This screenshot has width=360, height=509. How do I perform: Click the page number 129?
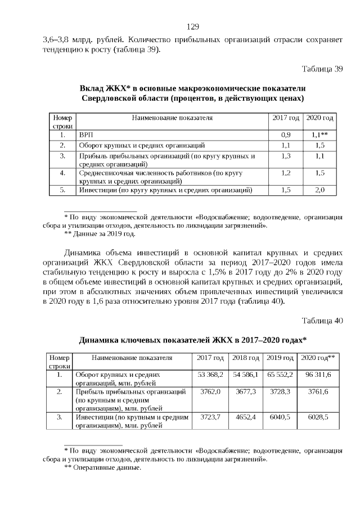point(193,26)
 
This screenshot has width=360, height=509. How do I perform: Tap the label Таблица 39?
point(322,69)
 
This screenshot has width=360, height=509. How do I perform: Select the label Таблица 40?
point(322,321)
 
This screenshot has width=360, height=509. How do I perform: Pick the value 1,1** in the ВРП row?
point(319,136)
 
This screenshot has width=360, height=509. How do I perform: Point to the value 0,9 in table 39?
point(286,136)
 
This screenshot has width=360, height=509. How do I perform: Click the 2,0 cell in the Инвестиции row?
point(319,191)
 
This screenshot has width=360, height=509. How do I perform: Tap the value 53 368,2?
point(211,374)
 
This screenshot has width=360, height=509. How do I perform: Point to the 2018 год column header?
point(246,358)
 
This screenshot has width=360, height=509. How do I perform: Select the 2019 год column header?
point(280,358)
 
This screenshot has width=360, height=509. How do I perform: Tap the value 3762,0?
point(211,391)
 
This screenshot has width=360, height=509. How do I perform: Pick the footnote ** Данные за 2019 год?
point(100,233)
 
